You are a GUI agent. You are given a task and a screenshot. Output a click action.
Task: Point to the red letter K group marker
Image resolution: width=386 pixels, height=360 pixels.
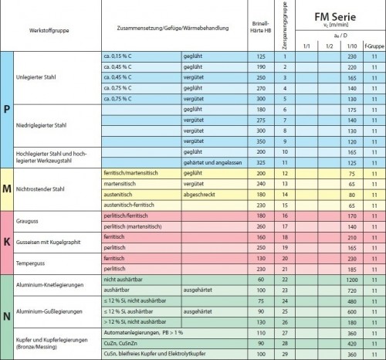(7, 241)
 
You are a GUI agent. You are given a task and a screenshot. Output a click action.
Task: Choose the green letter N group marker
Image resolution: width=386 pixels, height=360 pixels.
(7, 317)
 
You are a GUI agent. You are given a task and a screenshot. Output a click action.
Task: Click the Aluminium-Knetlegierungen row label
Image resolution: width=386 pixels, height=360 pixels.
(55, 284)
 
